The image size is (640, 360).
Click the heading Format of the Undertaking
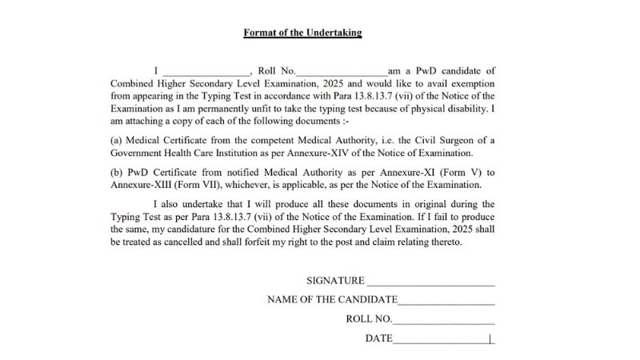coord(303,33)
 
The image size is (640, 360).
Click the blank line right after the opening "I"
coord(206,73)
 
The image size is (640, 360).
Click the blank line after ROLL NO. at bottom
coord(444,319)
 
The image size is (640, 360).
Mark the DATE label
coord(379,338)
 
